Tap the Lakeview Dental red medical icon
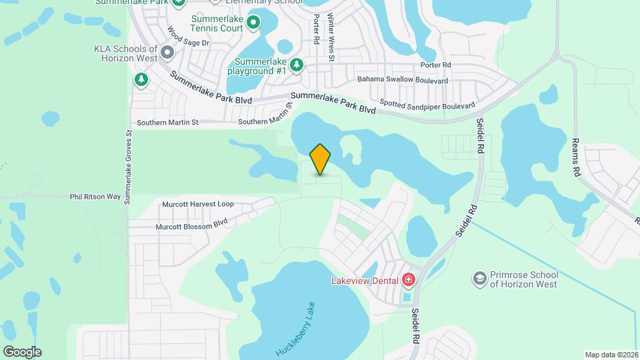coord(408,280)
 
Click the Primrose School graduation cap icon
coord(479,278)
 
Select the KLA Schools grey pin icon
coord(167,51)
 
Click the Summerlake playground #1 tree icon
coord(297,65)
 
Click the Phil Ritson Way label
coord(95,197)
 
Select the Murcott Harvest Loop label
coord(198,204)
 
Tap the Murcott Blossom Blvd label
coord(191,224)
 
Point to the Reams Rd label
coord(577,157)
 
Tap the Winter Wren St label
coord(331,40)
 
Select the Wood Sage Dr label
coord(188,37)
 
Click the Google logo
coord(22,351)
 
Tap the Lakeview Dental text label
coord(364,281)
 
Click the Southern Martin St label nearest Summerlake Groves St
coord(167,123)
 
